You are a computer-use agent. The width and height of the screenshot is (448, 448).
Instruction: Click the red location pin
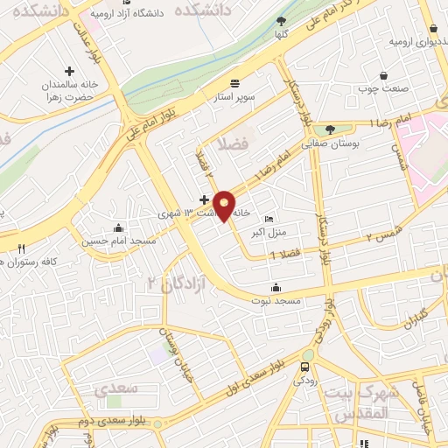point(225,206)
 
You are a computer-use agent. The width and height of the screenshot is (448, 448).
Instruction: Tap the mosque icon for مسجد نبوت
point(276,288)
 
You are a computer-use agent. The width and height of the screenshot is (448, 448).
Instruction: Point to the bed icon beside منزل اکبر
point(269,219)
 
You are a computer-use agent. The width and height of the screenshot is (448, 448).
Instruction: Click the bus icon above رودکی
point(304,367)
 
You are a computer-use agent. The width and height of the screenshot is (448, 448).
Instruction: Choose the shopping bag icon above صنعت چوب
point(383,76)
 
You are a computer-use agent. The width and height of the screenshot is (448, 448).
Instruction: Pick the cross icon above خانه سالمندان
point(70,71)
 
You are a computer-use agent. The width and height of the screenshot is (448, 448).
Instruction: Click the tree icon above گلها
point(281,21)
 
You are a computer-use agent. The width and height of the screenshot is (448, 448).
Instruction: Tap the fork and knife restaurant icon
point(21,248)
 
